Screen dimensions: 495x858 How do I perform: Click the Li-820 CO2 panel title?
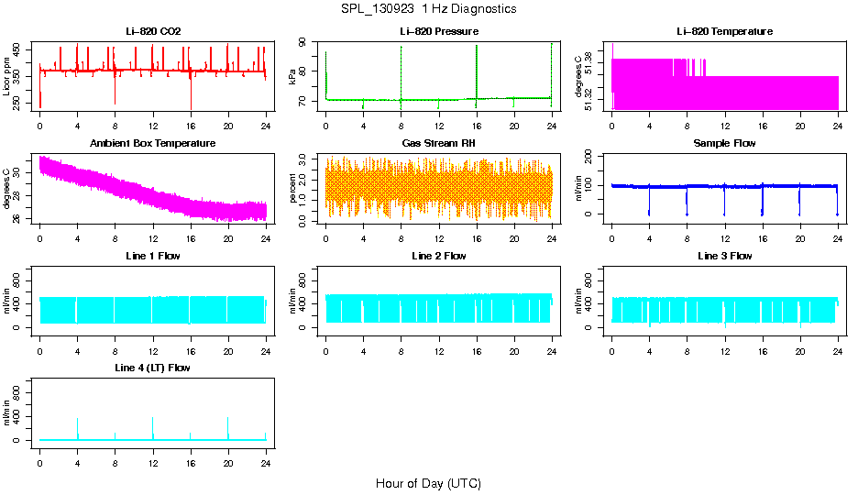coord(153,31)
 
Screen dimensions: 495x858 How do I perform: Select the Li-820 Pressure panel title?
coord(439,31)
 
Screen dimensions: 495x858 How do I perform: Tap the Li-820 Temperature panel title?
coord(724,31)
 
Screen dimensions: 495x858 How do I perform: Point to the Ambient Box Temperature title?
coord(153,143)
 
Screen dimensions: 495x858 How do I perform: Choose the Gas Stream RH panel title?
coord(439,143)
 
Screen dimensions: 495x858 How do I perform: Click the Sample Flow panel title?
coord(724,143)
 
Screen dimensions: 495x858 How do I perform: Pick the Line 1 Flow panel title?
coord(153,256)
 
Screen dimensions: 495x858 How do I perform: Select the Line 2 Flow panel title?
coord(439,256)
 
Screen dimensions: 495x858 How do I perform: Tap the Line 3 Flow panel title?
coord(724,256)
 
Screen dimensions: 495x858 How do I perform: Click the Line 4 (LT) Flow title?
coord(153,368)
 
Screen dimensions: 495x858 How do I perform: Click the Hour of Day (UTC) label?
coord(428,483)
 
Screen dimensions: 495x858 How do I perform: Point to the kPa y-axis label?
coord(293,76)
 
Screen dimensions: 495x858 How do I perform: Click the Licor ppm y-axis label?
coord(7,76)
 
